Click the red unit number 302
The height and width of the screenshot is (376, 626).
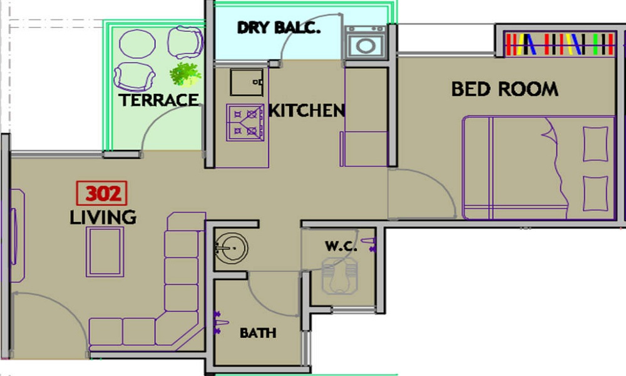click(x=102, y=194)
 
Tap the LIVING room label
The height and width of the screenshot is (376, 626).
click(x=103, y=217)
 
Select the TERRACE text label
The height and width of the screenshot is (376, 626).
click(x=159, y=100)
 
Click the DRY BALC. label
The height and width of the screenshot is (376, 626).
click(x=279, y=28)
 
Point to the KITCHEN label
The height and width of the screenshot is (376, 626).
click(x=307, y=111)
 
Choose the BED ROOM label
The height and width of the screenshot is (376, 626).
click(x=505, y=89)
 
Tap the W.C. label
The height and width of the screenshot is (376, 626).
click(x=341, y=246)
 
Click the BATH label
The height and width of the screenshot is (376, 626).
click(x=258, y=333)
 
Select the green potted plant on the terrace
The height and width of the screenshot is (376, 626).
click(x=185, y=74)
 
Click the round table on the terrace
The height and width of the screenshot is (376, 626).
click(x=137, y=44)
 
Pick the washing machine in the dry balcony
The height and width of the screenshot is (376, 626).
click(x=366, y=43)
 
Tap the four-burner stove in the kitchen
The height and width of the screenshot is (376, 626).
click(x=245, y=122)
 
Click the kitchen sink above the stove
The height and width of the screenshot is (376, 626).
click(x=246, y=82)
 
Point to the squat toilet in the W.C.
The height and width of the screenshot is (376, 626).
click(x=340, y=276)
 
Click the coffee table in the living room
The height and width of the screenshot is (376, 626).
click(x=105, y=252)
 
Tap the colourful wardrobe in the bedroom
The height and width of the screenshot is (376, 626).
click(x=559, y=44)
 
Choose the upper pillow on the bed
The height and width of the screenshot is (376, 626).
click(x=595, y=144)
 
